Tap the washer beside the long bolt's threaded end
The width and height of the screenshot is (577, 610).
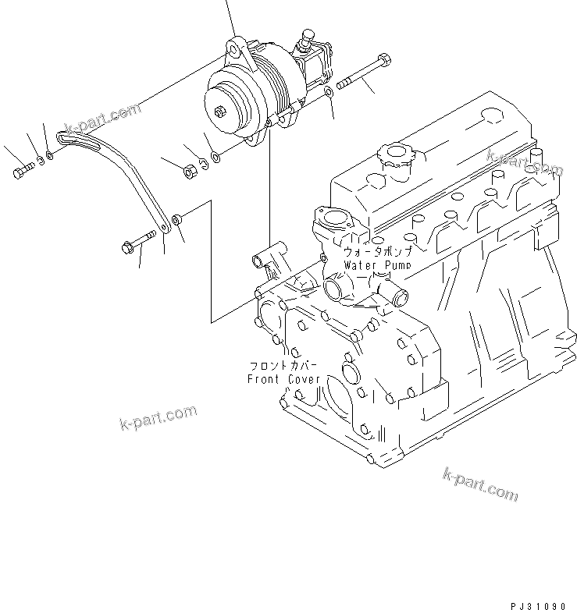[330, 92]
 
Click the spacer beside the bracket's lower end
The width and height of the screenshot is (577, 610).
[177, 221]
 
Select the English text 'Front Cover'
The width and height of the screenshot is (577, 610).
[283, 379]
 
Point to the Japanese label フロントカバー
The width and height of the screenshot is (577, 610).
[283, 365]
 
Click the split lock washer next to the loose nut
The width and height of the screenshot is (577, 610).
[202, 162]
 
